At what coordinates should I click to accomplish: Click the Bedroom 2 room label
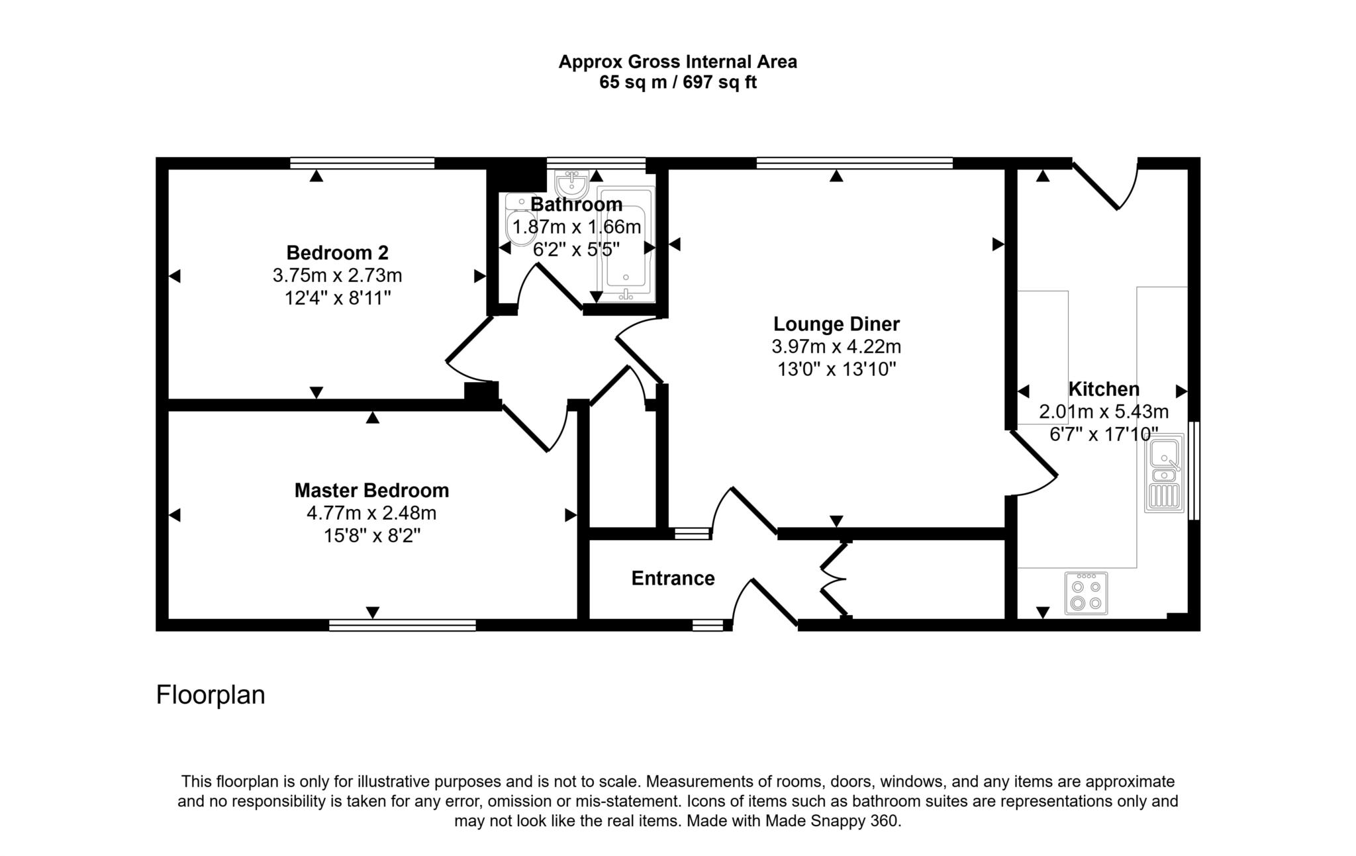click(x=337, y=253)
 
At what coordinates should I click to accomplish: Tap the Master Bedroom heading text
click(x=371, y=491)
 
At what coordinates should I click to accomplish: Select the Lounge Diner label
click(x=836, y=324)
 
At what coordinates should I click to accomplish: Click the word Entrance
click(x=673, y=579)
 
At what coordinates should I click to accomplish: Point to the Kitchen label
click(x=1104, y=389)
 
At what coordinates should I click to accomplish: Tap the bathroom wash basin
click(x=571, y=183)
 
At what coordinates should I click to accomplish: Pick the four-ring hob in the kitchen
click(x=1086, y=593)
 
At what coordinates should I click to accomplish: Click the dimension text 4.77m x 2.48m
click(x=371, y=513)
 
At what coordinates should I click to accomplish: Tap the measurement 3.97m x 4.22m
click(x=836, y=347)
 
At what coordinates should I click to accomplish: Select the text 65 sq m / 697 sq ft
click(x=677, y=83)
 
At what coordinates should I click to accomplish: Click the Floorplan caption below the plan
click(x=211, y=695)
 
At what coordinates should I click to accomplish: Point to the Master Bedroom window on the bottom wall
click(x=403, y=625)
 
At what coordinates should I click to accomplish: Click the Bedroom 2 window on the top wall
click(x=362, y=163)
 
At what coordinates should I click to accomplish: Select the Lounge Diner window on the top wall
click(x=854, y=163)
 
